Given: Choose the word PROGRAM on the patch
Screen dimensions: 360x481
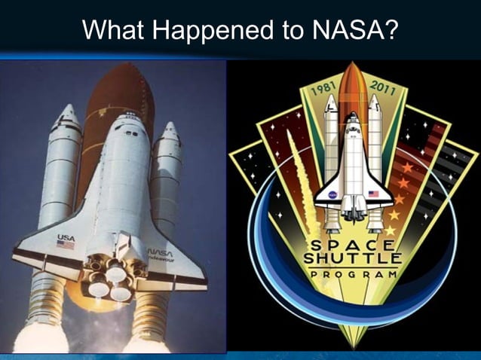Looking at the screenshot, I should point(352,275).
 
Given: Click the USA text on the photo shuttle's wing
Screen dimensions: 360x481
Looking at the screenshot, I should point(66,237).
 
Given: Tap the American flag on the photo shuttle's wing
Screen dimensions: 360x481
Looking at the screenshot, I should point(66,245).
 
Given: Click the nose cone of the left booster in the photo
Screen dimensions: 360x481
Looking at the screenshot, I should point(67,114).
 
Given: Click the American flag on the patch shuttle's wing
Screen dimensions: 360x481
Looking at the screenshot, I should point(372,194).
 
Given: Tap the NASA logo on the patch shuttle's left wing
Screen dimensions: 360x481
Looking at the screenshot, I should point(332,194).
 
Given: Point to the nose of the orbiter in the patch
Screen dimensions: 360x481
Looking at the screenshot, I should point(352,117).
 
